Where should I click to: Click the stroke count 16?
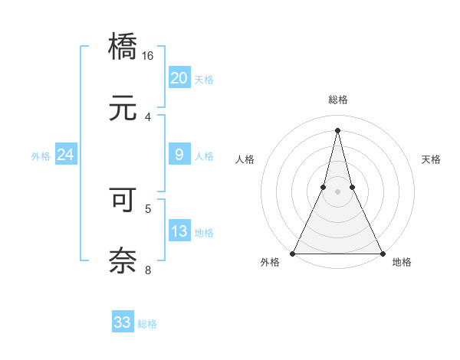[148, 56]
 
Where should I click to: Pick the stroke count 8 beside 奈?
[148, 269]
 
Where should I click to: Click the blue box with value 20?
[179, 78]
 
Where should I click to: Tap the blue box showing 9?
[179, 155]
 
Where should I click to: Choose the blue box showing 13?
[179, 231]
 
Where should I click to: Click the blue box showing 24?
[65, 155]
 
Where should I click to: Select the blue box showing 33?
[123, 322]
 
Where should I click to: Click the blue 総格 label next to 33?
[147, 324]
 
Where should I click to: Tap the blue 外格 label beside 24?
[41, 156]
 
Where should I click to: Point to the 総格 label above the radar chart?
[337, 100]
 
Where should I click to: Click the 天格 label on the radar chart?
[432, 159]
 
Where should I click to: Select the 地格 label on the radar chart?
[402, 263]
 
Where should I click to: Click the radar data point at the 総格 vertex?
[337, 130]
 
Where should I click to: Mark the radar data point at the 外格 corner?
[293, 253]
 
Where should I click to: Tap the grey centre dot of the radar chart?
[337, 192]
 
